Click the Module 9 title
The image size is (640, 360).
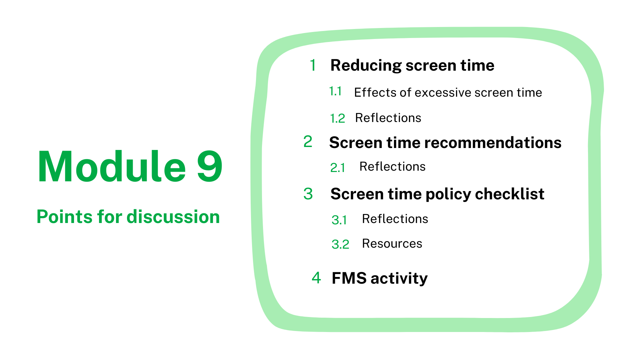click(x=130, y=166)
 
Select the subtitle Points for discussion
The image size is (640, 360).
click(x=128, y=217)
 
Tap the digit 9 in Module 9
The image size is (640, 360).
click(x=210, y=166)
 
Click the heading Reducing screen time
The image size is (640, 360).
click(x=412, y=66)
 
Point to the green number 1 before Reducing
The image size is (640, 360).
click(x=313, y=65)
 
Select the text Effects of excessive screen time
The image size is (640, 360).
click(x=448, y=92)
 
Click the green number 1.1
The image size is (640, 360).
click(x=335, y=91)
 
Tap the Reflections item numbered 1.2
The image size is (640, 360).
click(x=388, y=118)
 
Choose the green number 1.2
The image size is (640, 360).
click(x=337, y=118)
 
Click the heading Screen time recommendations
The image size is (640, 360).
click(x=445, y=143)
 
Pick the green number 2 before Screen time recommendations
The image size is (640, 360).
click(x=308, y=142)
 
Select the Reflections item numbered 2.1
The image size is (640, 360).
click(x=392, y=166)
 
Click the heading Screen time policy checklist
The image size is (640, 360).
click(x=437, y=194)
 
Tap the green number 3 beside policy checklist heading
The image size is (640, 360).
click(x=308, y=194)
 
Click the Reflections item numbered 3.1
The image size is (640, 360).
click(x=395, y=219)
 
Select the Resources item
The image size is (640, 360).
click(x=392, y=243)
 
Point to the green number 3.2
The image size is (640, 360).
click(x=340, y=244)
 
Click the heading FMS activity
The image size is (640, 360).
click(x=380, y=278)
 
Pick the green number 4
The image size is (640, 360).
click(x=316, y=278)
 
